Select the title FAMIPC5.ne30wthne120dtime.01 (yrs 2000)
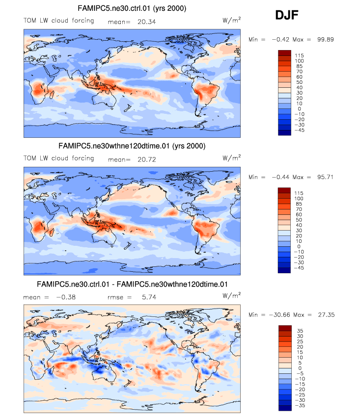point(132,146)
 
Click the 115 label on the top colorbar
point(299,56)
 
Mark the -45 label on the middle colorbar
point(299,269)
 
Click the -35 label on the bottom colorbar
point(299,407)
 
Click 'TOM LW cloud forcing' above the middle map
point(59,158)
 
